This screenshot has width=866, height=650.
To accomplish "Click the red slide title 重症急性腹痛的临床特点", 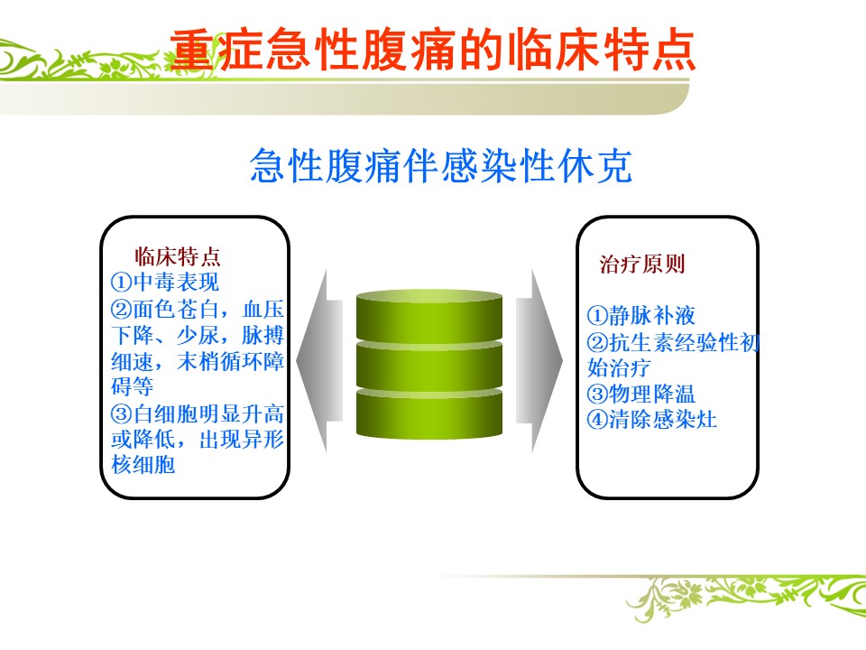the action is [432, 51].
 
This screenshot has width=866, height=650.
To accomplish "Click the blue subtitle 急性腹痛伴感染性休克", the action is [441, 165].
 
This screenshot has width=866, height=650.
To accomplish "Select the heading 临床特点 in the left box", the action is [178, 256].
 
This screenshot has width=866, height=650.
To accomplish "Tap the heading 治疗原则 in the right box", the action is [642, 265].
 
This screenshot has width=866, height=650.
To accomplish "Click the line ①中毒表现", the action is [165, 283].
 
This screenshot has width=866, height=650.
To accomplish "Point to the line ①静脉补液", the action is [641, 316].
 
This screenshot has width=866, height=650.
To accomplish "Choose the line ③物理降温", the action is [641, 395].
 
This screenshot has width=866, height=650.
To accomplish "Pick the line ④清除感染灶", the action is [652, 420].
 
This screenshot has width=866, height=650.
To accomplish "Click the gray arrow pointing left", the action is [319, 361].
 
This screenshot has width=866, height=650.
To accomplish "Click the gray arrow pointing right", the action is [539, 361].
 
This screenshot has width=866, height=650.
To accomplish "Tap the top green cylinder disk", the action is [429, 315].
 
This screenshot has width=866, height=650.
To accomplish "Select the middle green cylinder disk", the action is [429, 365].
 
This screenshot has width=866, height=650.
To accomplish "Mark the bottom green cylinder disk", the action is [429, 413].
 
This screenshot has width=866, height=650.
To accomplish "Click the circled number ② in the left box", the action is [122, 309].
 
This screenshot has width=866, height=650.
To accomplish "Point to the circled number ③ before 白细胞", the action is [122, 414].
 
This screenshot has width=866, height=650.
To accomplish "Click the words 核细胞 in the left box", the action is [143, 465].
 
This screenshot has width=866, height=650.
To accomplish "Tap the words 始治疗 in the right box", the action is [619, 367].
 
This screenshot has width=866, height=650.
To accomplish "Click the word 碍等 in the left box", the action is [133, 386].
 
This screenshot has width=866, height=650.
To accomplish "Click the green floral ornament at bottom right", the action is [746, 597].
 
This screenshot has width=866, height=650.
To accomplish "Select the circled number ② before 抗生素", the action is [597, 343].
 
